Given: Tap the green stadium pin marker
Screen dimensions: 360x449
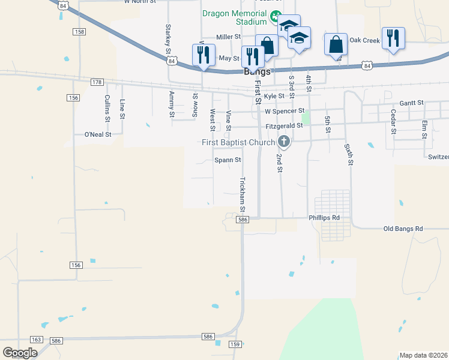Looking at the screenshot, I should tap(275, 16).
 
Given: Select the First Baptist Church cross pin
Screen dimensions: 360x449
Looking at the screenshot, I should tap(284, 142).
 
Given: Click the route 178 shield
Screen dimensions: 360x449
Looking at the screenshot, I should tap(98, 82).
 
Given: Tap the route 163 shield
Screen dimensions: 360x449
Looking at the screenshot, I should tap(37, 340).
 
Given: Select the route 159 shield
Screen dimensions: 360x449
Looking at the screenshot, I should tap(235, 344).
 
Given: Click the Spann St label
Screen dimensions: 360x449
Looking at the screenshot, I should tap(228, 160).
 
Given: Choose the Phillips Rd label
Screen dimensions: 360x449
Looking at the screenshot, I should tap(324, 217).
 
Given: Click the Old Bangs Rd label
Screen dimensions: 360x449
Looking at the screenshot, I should tap(403, 229).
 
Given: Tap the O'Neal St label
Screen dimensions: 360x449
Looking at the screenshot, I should tap(98, 134).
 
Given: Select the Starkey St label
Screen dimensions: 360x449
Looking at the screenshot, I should tap(167, 38).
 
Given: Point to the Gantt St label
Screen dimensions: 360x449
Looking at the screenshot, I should tap(411, 103).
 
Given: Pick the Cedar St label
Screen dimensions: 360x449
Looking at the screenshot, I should tap(393, 120).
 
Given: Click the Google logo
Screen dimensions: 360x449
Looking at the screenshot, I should tap(20, 353).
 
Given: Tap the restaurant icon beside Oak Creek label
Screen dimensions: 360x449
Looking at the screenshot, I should tap(393, 38).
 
